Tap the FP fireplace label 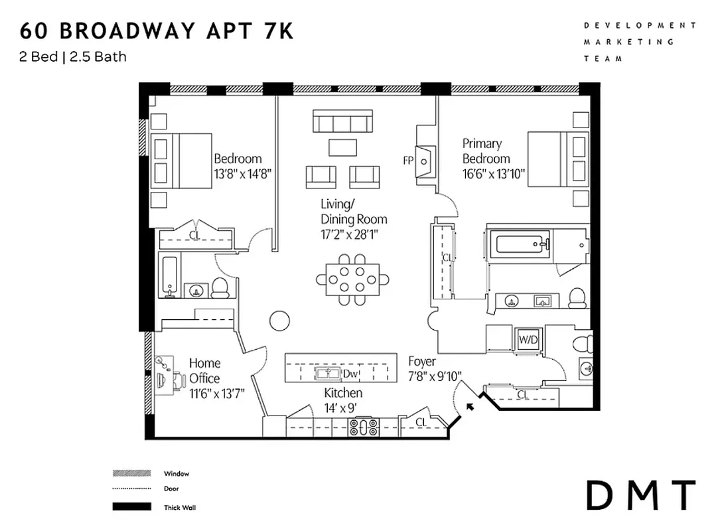408,161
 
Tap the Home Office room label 204,370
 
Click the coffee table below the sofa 342,146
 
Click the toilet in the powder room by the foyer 583,344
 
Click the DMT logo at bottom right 640,495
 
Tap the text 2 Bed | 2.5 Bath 73,56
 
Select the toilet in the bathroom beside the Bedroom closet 220,288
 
